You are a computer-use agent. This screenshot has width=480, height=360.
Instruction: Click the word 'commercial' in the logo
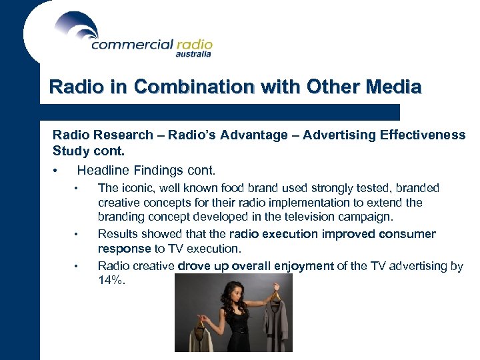[x=131, y=45]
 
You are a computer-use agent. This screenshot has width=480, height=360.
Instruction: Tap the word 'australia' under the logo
[x=193, y=55]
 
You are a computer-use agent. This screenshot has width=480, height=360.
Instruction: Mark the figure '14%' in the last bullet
[x=111, y=280]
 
